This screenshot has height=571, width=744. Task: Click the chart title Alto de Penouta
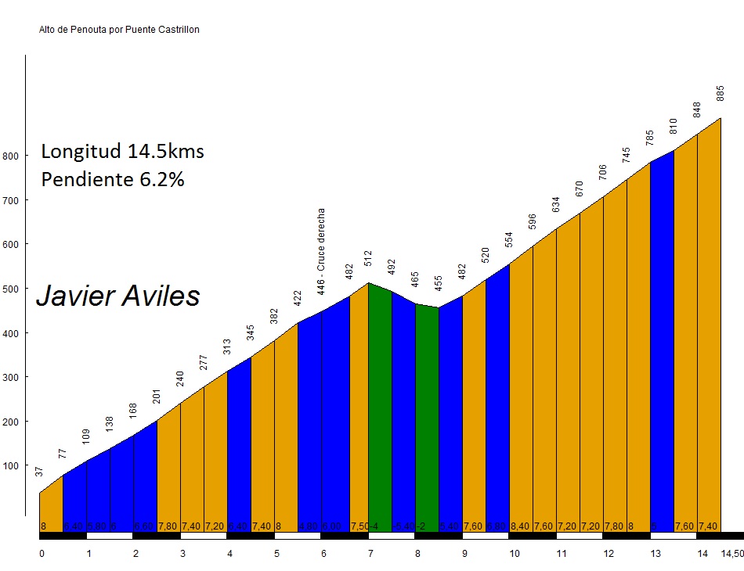[x=119, y=30]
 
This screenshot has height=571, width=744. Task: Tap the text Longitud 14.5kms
[x=122, y=151]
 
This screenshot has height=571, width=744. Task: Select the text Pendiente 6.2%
[x=113, y=179]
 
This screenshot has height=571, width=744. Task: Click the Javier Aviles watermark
[x=118, y=296]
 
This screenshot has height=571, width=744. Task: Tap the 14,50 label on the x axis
[x=731, y=554]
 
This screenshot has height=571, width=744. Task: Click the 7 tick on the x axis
[x=370, y=554]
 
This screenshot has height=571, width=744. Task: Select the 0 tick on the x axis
[x=42, y=554]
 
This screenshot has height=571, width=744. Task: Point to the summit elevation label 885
[x=721, y=93]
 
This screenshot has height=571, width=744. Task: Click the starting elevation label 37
[x=40, y=471]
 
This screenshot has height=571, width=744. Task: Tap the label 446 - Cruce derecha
[x=322, y=251]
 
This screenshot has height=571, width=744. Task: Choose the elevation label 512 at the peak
[x=368, y=258]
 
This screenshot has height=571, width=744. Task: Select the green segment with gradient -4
[x=380, y=407]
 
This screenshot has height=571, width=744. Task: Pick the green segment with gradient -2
[x=427, y=415]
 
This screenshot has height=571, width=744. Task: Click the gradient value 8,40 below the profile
[x=520, y=526]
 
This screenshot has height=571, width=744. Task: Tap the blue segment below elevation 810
[x=662, y=336]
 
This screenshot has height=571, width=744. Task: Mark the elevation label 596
[x=533, y=222]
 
